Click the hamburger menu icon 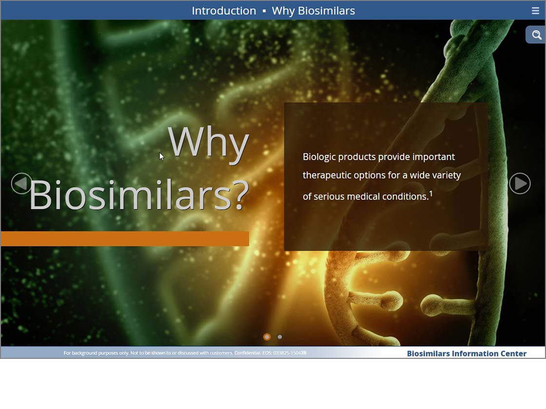coord(535,11)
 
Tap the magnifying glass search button coord(536,35)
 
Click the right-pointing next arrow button coord(520,183)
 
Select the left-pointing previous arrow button coord(21,183)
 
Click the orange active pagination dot coord(267,336)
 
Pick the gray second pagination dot coord(280,336)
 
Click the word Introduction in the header coord(224,11)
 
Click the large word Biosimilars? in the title coord(139,195)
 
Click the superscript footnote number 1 coord(431,194)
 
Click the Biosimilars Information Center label coord(467,353)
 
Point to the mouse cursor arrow coord(161,156)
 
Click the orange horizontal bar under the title coord(125,239)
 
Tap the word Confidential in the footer coord(247,353)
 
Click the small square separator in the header coord(264,11)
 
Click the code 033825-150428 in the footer coord(290,353)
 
